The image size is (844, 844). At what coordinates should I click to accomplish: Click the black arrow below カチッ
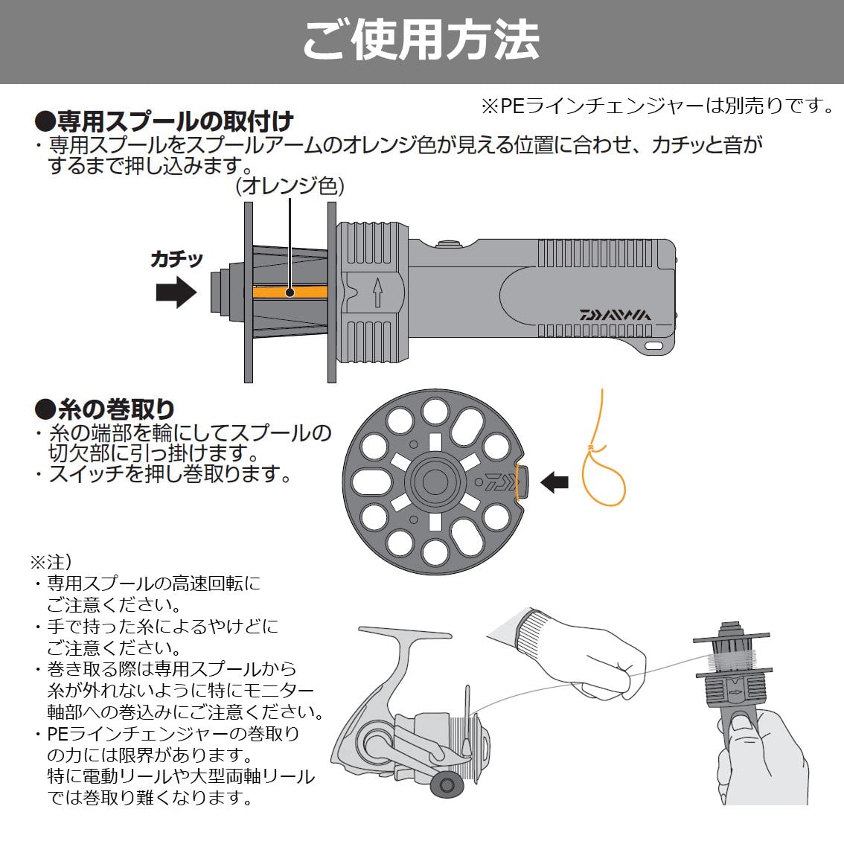(176, 293)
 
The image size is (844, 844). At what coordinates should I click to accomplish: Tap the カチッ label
(176, 260)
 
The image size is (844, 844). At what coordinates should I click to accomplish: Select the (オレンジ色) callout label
(290, 186)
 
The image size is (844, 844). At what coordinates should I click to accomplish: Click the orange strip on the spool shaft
(290, 292)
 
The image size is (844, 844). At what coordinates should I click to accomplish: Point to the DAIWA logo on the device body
(615, 314)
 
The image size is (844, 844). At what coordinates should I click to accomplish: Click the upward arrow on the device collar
(377, 292)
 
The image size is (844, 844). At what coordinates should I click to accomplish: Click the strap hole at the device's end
(654, 345)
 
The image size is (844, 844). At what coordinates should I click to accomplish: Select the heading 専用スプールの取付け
(164, 121)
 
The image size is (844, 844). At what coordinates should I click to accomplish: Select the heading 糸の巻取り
(104, 409)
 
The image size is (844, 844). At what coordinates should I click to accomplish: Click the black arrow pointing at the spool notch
(554, 482)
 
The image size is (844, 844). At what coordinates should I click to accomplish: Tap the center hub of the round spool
(434, 482)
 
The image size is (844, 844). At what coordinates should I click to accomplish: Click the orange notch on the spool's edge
(519, 482)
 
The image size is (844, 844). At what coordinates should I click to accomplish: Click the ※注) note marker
(51, 563)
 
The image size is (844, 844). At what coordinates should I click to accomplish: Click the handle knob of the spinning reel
(447, 784)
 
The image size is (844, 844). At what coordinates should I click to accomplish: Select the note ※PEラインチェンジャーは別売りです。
(659, 106)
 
